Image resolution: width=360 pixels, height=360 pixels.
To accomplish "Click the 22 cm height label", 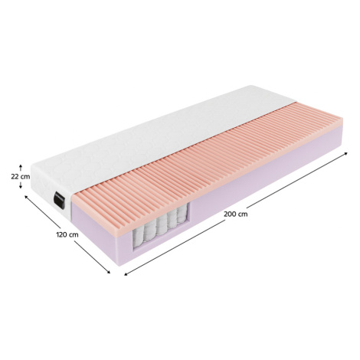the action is [x=21, y=176].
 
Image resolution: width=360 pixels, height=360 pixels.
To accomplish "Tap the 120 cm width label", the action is [x=67, y=234].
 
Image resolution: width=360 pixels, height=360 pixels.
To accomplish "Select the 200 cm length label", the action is [x=236, y=214].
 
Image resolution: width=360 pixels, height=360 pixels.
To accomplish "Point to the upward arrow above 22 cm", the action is [x=21, y=168].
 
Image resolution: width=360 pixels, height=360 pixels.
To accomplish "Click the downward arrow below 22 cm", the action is [x=21, y=185].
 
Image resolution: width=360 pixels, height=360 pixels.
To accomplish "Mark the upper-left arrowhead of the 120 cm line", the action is [x=25, y=196].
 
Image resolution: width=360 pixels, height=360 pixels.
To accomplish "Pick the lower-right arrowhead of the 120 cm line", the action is [x=109, y=272].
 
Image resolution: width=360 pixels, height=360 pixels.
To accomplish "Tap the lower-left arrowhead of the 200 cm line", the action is [x=126, y=274].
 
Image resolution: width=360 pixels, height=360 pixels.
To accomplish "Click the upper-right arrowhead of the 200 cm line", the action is [x=345, y=153].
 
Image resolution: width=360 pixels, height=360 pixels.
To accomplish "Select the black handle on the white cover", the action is [x=59, y=201].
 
